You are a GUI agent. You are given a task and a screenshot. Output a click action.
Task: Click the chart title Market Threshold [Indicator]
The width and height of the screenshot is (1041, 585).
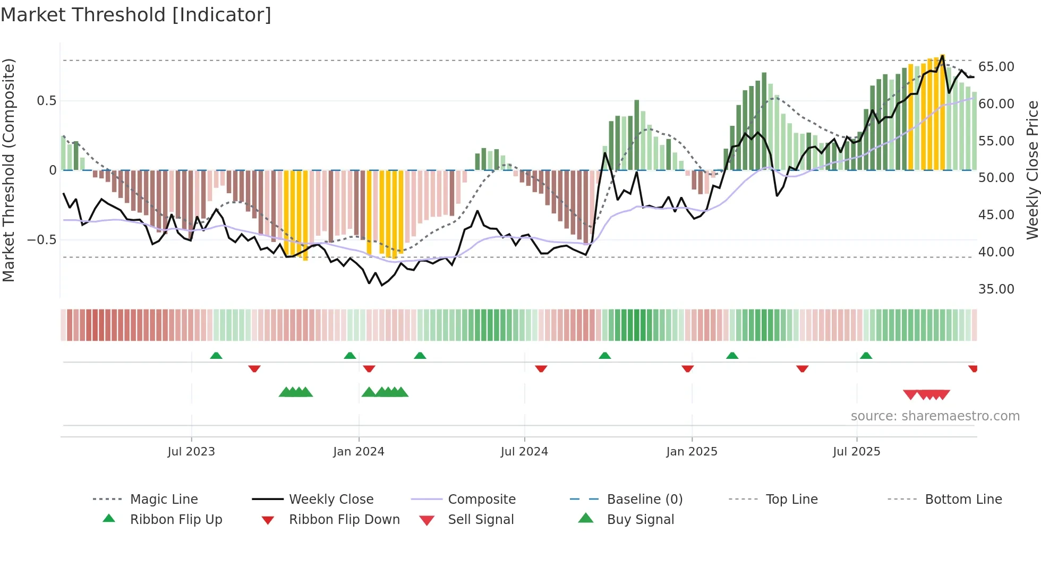coord(136,15)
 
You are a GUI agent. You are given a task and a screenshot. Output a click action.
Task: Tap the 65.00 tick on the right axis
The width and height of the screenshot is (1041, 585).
coord(996,67)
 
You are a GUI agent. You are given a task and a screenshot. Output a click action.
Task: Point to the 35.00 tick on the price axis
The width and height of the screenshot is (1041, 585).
coord(996,289)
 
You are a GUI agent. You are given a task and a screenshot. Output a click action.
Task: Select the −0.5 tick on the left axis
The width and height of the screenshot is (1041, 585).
coord(42,240)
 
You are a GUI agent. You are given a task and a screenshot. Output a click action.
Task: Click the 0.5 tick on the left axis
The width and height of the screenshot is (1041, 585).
coord(46,101)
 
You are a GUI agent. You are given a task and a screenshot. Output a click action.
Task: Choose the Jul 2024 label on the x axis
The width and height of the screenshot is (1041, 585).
coord(524,452)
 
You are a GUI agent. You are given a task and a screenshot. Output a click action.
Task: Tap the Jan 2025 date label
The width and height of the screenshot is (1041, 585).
coord(692,452)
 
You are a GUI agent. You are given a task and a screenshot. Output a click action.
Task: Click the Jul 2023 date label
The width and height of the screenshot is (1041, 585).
coord(191,452)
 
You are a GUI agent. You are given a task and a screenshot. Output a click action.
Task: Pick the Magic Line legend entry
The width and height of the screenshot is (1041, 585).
coord(164,500)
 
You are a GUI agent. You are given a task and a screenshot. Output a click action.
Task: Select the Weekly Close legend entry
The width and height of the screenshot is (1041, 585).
coord(331,500)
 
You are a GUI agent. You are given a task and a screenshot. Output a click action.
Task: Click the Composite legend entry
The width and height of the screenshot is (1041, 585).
coord(481,500)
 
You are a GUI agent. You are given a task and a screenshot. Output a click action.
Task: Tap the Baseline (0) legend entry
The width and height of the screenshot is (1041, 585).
coord(644,500)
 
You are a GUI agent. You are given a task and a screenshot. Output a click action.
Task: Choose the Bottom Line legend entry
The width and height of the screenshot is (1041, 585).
coord(963,500)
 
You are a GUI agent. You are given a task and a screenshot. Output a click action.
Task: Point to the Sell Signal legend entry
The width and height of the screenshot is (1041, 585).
coord(481,520)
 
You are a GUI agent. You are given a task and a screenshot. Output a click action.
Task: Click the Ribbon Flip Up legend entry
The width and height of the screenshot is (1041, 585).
coord(176,520)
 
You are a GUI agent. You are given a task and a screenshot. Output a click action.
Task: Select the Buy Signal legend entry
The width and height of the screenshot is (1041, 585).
coord(640,520)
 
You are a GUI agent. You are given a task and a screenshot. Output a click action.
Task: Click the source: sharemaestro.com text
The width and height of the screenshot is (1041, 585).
coord(935,416)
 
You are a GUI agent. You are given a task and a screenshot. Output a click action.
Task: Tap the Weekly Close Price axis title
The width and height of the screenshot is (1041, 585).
coord(1032,170)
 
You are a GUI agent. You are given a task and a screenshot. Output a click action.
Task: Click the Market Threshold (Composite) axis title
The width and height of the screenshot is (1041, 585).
coord(8,170)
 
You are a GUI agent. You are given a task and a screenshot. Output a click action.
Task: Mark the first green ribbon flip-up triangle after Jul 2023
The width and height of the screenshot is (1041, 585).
coord(216,356)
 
